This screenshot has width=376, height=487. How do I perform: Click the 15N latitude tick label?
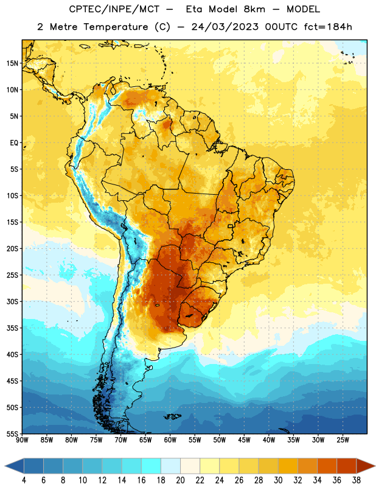pos(12,63)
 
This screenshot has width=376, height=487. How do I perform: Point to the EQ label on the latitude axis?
pos(14,143)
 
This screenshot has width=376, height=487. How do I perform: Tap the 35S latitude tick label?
pos(12,328)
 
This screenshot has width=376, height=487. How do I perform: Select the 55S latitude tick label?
pos(12,433)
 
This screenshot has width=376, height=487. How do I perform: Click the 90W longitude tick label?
pos(22,440)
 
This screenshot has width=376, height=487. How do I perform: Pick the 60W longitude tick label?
pos(170,440)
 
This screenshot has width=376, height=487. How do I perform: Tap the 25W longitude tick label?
pos(343,440)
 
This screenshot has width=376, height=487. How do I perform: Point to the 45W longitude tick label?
pos(244,440)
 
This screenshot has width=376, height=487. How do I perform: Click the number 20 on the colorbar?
pos(180,480)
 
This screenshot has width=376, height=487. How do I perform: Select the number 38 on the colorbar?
pos(357,480)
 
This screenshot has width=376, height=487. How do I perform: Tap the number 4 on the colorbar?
pos(24,480)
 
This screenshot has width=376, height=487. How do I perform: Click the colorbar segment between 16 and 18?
pos(151,466)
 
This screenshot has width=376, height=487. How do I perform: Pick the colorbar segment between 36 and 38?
pos(347,466)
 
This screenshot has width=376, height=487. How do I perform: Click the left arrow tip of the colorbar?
pos(5,466)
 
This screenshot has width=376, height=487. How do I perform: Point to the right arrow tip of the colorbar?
pos(375,466)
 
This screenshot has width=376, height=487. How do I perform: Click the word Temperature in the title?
pos(116,27)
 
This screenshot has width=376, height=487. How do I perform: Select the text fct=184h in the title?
pos(328,27)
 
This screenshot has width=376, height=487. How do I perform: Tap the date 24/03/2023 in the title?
pos(225,27)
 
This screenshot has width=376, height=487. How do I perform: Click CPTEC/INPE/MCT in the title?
pos(114,9)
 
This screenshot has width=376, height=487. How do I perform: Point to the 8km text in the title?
pos(254,9)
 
